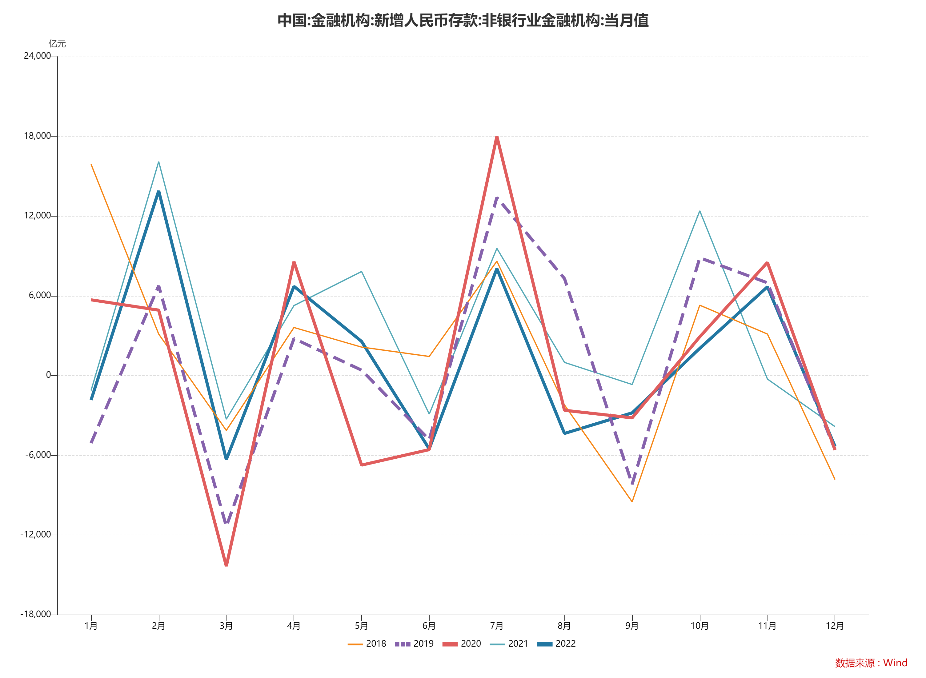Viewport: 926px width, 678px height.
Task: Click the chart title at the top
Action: point(463,21)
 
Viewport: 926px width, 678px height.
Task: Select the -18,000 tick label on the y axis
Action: point(36,614)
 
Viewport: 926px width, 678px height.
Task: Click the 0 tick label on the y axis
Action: point(48,375)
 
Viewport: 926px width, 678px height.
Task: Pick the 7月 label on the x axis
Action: point(497,626)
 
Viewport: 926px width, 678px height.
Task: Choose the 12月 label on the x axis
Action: point(835,626)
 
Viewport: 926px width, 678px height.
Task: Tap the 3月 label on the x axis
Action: point(226,626)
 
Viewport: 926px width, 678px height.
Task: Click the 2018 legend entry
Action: point(367,644)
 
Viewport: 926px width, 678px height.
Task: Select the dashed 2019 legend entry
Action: point(415,644)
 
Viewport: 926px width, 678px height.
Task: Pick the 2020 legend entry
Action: point(462,644)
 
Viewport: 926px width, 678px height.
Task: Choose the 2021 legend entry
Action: point(509,644)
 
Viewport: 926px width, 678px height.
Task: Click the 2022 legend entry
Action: point(557,644)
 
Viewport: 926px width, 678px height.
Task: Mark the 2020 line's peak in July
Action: point(497,137)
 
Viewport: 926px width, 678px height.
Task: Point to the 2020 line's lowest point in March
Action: point(226,565)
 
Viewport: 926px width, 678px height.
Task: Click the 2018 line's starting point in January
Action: point(91,165)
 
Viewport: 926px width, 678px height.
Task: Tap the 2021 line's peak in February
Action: point(158,162)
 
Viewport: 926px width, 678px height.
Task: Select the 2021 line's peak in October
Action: point(700,211)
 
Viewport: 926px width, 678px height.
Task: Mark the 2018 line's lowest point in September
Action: point(632,501)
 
